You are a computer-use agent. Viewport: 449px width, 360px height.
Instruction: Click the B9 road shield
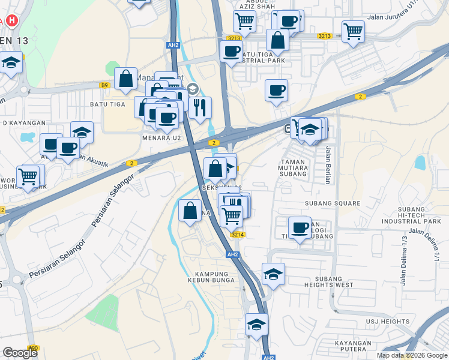tap(105, 86)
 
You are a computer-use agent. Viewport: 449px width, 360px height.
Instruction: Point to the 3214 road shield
tap(237, 235)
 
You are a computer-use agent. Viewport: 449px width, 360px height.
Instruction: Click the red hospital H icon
tap(11, 20)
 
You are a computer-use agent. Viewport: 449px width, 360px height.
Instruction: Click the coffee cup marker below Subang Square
tap(300, 227)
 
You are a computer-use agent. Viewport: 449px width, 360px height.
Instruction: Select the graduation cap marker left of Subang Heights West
tap(273, 274)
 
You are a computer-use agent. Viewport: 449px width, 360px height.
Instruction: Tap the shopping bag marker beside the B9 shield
tap(125, 78)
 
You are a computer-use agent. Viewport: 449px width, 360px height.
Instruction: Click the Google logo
tap(20, 353)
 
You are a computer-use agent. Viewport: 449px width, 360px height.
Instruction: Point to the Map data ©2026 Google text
tap(412, 355)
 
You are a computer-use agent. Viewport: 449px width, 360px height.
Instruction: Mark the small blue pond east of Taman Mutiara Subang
tap(420, 162)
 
